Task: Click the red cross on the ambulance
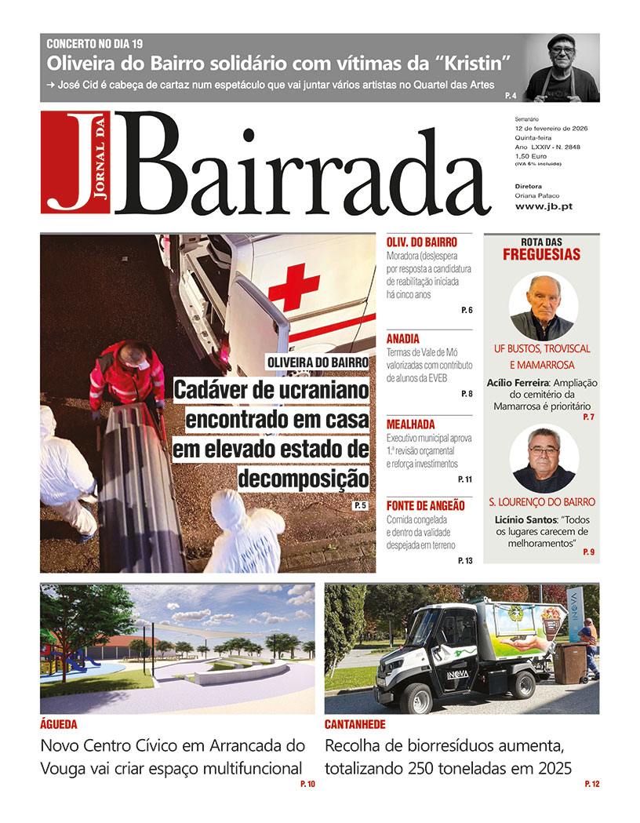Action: pyautogui.click(x=294, y=287)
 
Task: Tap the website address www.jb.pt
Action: pyautogui.click(x=537, y=206)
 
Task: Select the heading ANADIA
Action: pyautogui.click(x=403, y=339)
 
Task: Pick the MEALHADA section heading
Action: pyautogui.click(x=410, y=424)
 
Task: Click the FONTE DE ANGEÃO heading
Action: pyautogui.click(x=425, y=505)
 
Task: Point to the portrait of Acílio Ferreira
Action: pyautogui.click(x=543, y=306)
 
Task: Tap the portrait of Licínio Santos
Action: pyautogui.click(x=543, y=460)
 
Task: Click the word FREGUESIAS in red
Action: pyautogui.click(x=541, y=254)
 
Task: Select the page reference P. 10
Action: pyautogui.click(x=307, y=784)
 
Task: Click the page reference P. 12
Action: pyautogui.click(x=591, y=784)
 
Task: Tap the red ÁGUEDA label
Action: pyautogui.click(x=59, y=724)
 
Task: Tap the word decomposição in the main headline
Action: pyautogui.click(x=303, y=477)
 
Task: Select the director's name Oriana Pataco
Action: pyautogui.click(x=538, y=195)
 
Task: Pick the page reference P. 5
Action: pyautogui.click(x=361, y=505)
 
